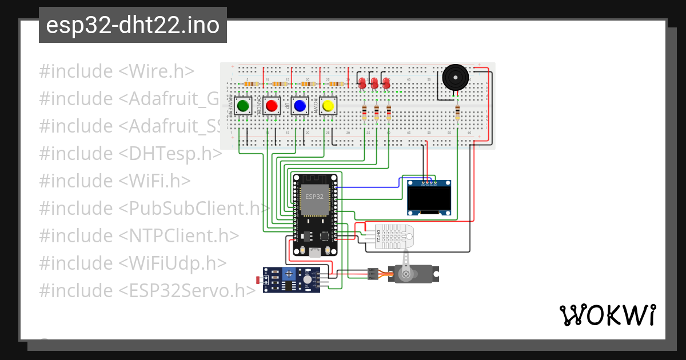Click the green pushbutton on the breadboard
(243, 106)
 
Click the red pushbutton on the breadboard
(272, 106)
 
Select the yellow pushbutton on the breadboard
(328, 106)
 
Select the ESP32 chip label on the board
(314, 197)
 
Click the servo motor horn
(405, 269)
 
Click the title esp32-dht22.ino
(133, 26)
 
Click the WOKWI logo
(607, 315)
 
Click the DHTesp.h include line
(130, 154)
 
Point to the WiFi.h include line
(114, 181)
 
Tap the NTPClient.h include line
(139, 236)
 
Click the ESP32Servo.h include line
(147, 291)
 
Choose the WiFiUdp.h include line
(133, 263)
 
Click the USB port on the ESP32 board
(314, 251)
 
